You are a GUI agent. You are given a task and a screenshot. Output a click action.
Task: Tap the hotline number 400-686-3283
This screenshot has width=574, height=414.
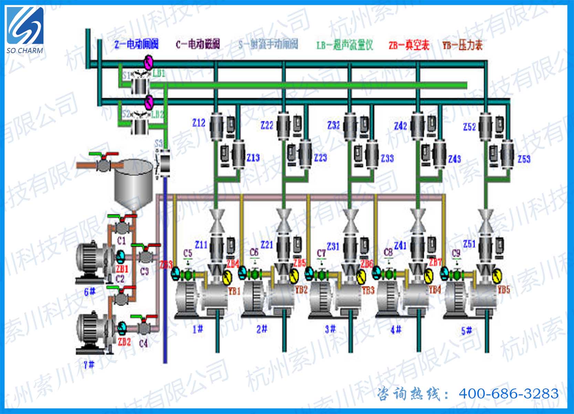[508, 394]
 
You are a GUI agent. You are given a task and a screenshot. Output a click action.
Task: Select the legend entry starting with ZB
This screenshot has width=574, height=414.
[409, 45]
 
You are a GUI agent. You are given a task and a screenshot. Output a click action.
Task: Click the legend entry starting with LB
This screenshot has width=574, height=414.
[344, 45]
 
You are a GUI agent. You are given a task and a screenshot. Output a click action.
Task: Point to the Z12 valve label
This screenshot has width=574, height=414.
[199, 123]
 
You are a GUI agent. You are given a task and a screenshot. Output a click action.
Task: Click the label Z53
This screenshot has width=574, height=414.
[524, 159]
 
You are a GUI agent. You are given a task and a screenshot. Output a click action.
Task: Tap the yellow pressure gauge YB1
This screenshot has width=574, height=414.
[227, 277]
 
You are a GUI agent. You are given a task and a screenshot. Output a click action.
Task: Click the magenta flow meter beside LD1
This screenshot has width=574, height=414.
[148, 62]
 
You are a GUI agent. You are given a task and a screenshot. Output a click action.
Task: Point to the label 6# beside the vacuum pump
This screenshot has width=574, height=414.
[89, 292]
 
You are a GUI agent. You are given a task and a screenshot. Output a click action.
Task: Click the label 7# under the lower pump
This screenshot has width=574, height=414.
[89, 364]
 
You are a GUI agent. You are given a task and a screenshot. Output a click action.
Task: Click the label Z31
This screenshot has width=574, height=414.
[333, 246]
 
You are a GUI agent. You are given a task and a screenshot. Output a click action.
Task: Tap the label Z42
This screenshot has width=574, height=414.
[400, 126]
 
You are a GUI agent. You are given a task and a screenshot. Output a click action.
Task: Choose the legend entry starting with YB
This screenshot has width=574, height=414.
[462, 45]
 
